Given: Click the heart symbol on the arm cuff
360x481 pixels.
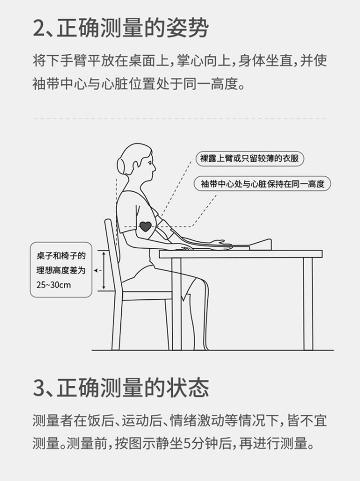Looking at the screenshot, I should tap(145, 226).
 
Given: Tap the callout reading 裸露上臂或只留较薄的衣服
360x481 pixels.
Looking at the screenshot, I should tap(250, 159).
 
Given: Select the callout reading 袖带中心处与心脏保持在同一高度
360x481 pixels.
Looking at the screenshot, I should tap(262, 184).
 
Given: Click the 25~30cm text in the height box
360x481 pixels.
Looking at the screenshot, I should tap(54, 285).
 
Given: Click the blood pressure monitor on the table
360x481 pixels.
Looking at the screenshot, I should tap(260, 245).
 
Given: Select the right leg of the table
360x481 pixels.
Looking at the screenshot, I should tap(308, 303).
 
